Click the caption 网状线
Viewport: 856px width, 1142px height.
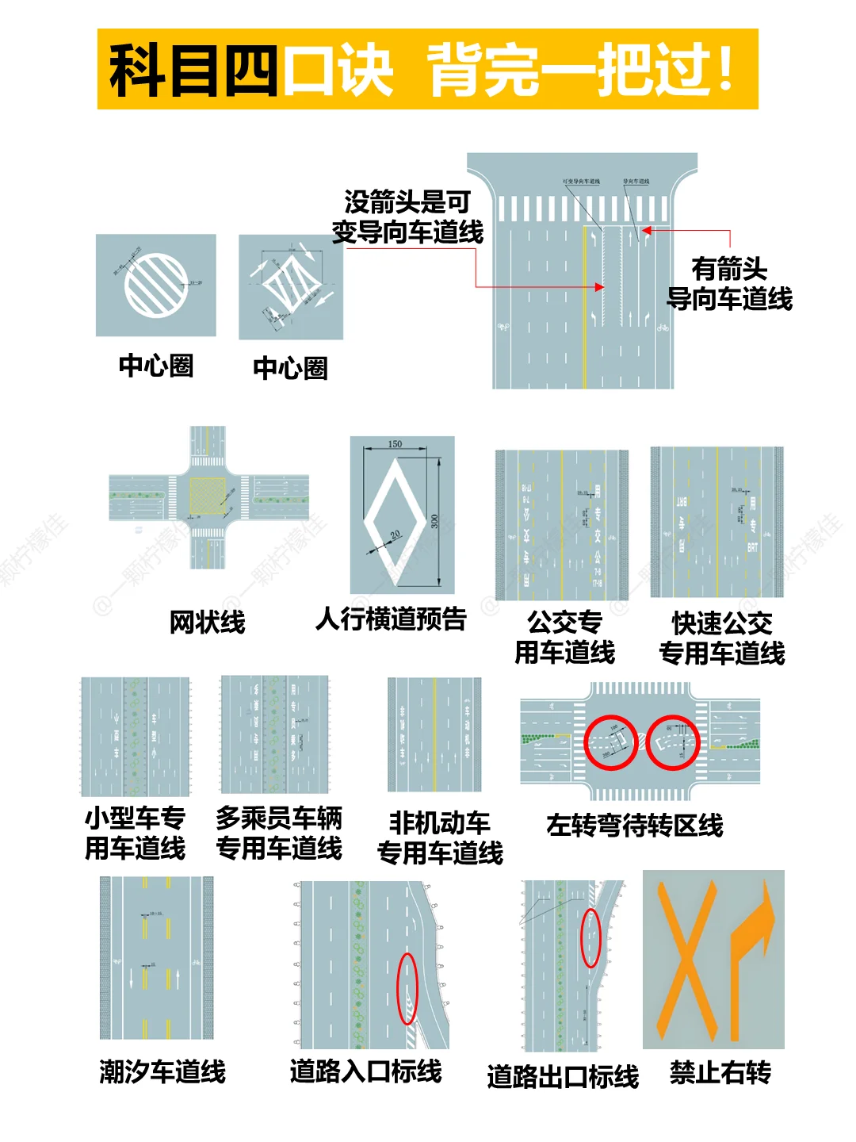[207, 622]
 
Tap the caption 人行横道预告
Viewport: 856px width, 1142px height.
[391, 619]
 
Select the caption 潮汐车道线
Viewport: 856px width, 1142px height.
[162, 1071]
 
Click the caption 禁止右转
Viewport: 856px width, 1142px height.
[720, 1072]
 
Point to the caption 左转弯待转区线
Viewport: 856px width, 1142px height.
[635, 825]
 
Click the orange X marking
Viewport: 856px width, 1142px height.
[688, 960]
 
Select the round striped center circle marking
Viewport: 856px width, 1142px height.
[156, 285]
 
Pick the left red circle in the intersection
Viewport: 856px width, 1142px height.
[610, 743]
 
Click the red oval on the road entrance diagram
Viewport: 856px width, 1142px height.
[407, 988]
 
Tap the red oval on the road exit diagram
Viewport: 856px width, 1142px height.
[590, 937]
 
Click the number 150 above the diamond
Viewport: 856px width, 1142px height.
[395, 444]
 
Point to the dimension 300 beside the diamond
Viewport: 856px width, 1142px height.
[434, 522]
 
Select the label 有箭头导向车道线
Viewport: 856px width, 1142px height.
[729, 284]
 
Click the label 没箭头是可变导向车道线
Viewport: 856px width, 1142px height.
[407, 217]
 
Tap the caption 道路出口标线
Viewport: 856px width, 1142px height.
[563, 1076]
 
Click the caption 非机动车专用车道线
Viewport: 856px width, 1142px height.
[440, 837]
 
